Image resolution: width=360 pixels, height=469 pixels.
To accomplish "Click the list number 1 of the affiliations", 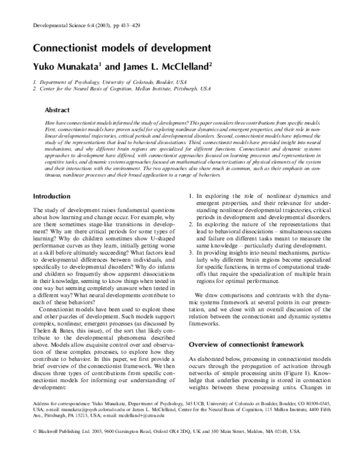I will [34, 80].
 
